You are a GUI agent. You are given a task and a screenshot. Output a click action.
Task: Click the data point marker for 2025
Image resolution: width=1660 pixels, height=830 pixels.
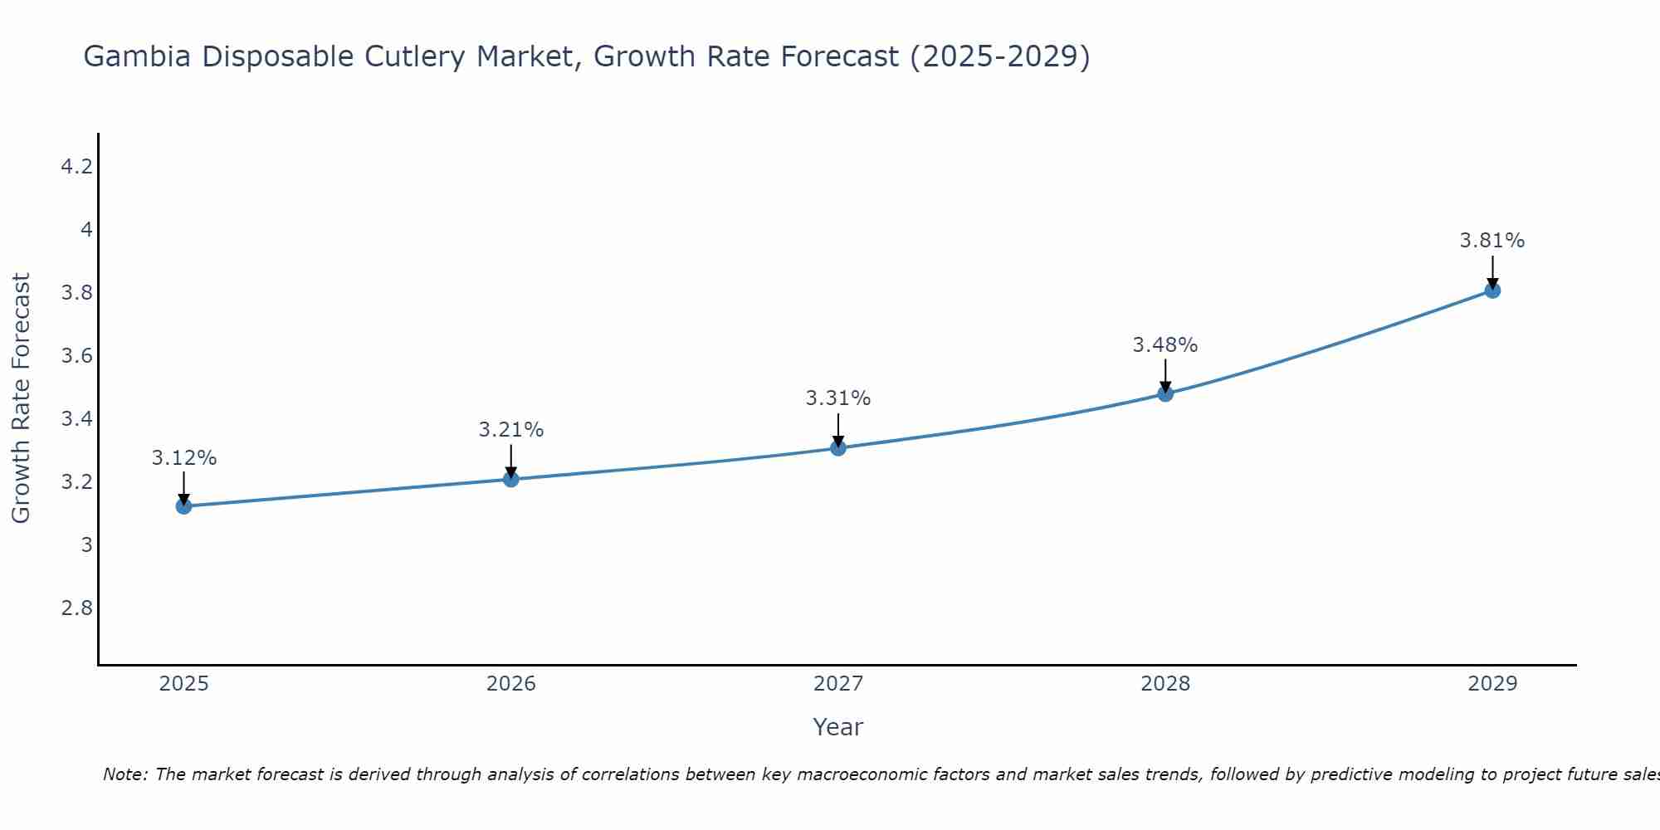pos(183,506)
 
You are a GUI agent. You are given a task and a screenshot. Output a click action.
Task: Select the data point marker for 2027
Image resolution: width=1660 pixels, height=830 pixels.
pos(838,448)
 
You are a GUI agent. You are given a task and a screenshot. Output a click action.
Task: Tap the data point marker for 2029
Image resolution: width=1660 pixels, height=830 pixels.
pos(1492,290)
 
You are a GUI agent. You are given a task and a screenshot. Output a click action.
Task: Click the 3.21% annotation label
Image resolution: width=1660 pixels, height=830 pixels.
pos(511,430)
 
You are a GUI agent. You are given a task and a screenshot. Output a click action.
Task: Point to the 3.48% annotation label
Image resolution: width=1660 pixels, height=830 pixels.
pos(1165,345)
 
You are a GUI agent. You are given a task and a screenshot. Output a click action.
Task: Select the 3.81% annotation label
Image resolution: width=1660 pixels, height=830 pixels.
pos(1492,241)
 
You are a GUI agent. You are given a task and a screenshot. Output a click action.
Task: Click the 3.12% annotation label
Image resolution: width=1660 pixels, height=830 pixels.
pos(184,458)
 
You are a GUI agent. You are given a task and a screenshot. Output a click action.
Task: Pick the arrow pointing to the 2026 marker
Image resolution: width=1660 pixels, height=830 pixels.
pos(511,461)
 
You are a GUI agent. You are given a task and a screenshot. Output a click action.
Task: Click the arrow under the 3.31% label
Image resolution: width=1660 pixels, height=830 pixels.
pos(838,429)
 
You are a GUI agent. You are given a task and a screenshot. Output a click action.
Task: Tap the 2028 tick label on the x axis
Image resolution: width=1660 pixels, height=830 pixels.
pos(1165,684)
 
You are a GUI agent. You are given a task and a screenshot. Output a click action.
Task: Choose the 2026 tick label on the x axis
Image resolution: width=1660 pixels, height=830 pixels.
pos(511,684)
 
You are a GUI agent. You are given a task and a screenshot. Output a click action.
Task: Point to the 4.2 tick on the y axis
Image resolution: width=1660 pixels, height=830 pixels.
pos(77,167)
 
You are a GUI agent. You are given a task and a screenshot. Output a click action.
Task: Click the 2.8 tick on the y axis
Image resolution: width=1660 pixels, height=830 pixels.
pos(77,608)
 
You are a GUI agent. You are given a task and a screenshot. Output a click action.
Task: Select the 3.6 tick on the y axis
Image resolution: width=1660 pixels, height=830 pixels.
pos(77,356)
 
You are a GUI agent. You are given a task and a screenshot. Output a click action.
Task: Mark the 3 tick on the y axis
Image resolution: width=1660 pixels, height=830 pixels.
pos(86,545)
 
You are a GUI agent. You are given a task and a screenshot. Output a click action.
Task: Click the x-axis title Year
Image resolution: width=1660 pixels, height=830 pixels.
pos(838,727)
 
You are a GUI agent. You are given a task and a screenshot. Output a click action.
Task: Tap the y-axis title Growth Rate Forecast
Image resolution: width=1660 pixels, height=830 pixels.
pos(22,398)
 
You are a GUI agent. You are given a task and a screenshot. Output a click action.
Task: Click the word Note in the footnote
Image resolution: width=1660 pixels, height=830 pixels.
pos(124,774)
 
